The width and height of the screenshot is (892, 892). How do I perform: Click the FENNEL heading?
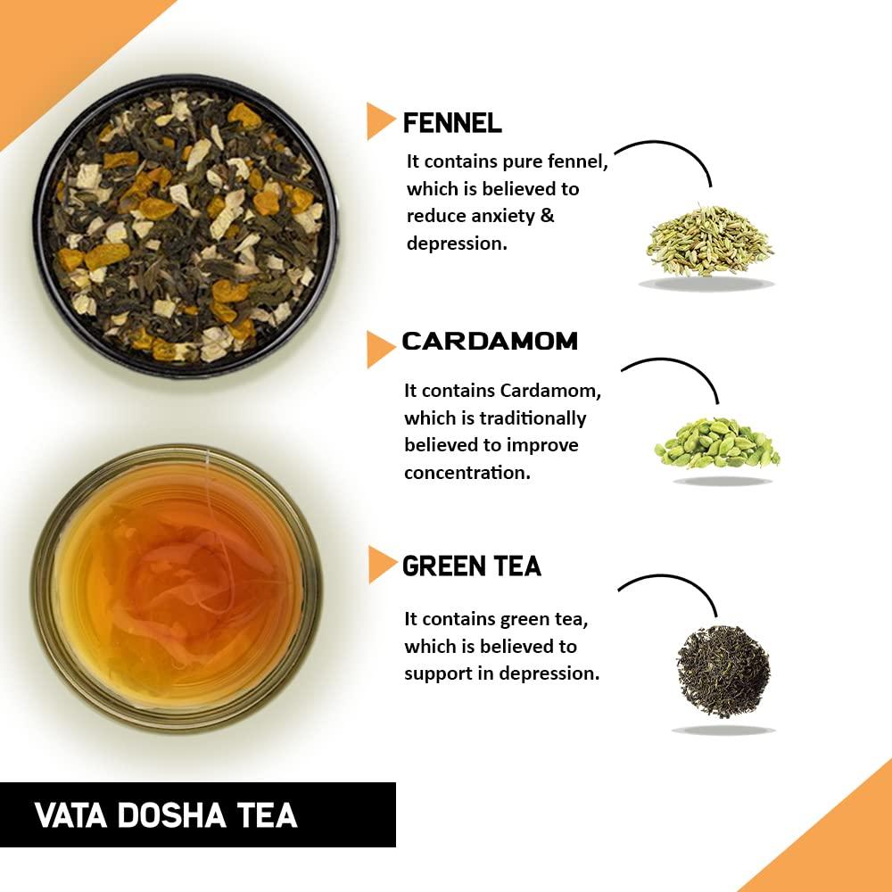tap(452, 122)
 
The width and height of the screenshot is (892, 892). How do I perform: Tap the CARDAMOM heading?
tap(490, 341)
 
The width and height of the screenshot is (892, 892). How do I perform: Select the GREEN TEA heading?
tap(472, 566)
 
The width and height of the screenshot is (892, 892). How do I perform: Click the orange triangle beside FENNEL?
tap(378, 121)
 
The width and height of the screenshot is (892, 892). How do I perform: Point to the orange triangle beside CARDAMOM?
tap(378, 348)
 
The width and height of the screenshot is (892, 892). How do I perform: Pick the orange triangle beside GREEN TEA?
tap(380, 565)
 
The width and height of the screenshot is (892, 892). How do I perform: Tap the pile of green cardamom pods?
tap(716, 442)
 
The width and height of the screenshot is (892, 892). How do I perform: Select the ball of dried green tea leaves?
tap(723, 671)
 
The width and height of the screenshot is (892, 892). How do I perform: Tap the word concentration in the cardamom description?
tap(467, 473)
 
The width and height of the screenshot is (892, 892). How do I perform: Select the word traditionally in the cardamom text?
tap(533, 418)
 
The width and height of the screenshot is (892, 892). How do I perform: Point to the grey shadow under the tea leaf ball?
tap(723, 730)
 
